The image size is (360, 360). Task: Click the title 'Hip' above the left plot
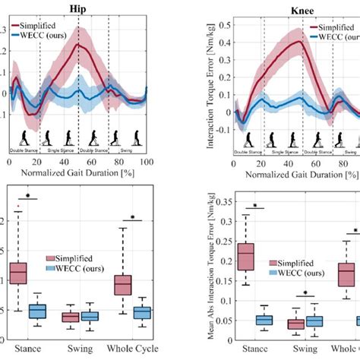click(77, 8)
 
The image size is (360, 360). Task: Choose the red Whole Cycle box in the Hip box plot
click(122, 284)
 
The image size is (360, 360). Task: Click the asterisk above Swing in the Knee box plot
click(305, 295)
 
